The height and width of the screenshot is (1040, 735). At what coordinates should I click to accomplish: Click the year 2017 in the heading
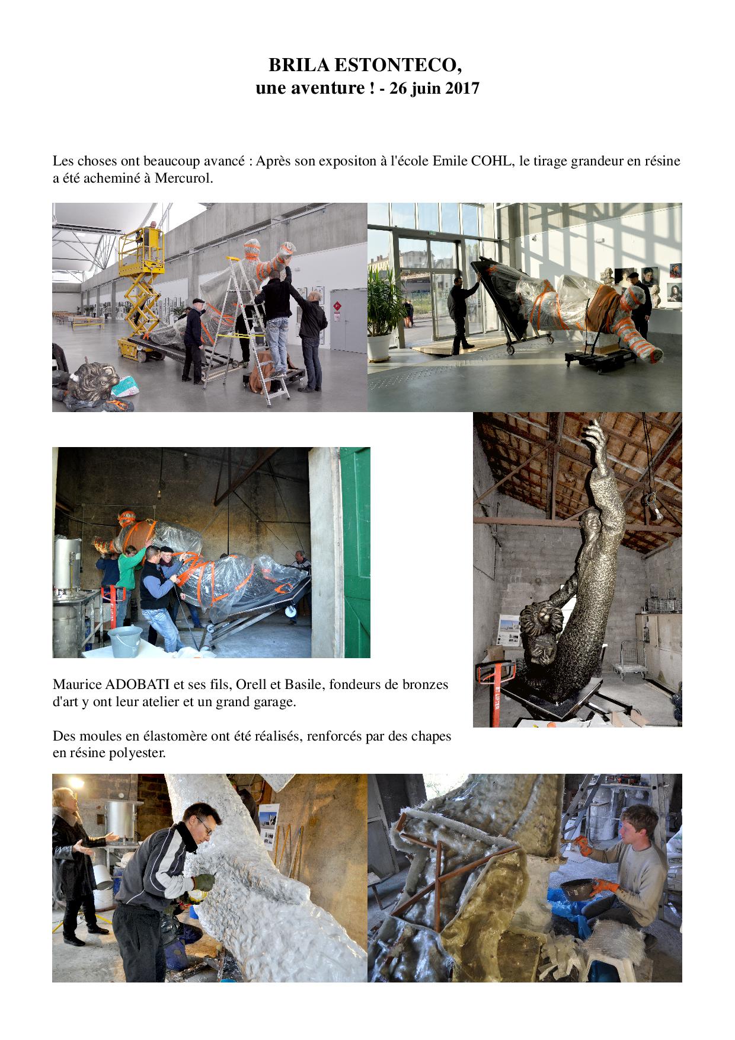(461, 88)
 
